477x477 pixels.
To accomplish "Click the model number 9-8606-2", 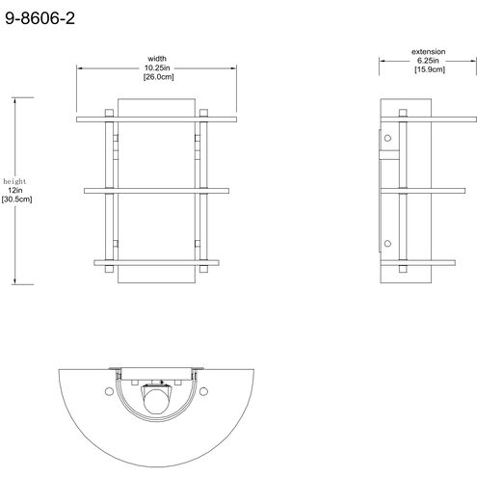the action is click(x=40, y=18).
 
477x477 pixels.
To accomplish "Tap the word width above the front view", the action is click(x=157, y=59).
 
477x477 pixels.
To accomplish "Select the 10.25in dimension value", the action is click(x=157, y=67).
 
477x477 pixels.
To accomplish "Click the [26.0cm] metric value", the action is click(x=158, y=77).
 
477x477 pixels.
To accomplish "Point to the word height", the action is click(x=14, y=181).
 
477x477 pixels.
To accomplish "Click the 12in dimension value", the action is click(x=15, y=190).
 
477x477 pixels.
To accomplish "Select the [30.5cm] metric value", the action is click(x=16, y=199).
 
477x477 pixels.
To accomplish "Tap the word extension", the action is click(x=429, y=52).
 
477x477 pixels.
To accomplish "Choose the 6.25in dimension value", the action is click(x=428, y=61).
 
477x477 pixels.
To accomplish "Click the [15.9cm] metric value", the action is click(x=430, y=69).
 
